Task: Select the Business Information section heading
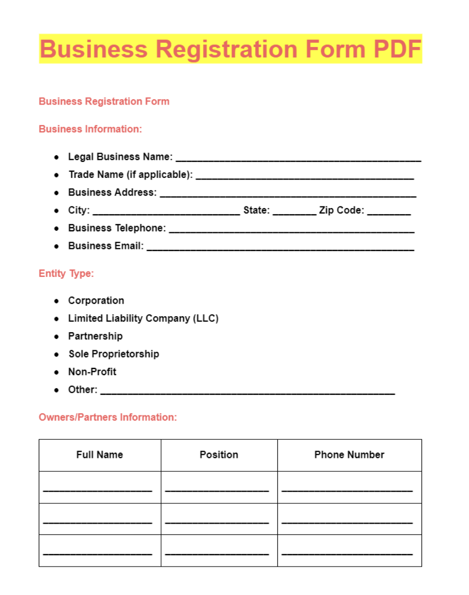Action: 90,129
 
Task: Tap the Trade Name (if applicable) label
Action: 131,174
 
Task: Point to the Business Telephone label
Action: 117,228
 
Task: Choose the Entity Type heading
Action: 66,273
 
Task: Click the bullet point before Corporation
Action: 57,301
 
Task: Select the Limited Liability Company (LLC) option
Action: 143,318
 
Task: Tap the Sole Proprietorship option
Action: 114,354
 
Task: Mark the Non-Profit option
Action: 92,371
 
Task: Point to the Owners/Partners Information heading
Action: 107,417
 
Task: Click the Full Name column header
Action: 100,455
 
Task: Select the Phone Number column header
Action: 349,455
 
